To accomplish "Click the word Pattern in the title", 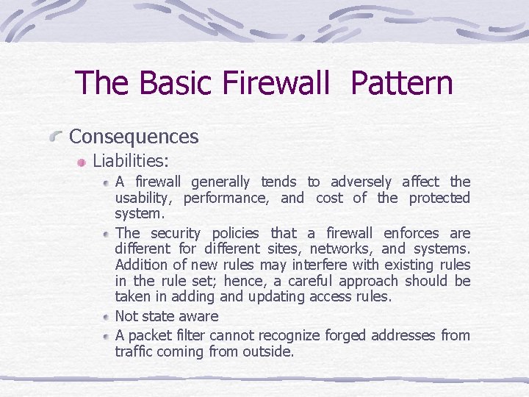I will (x=402, y=83).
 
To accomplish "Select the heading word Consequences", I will (x=134, y=137).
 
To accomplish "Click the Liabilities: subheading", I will (x=131, y=160).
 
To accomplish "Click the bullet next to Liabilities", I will (x=83, y=161).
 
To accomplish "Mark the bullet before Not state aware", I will (x=107, y=317).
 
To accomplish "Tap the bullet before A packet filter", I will (x=107, y=336).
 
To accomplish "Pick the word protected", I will (x=439, y=198).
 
